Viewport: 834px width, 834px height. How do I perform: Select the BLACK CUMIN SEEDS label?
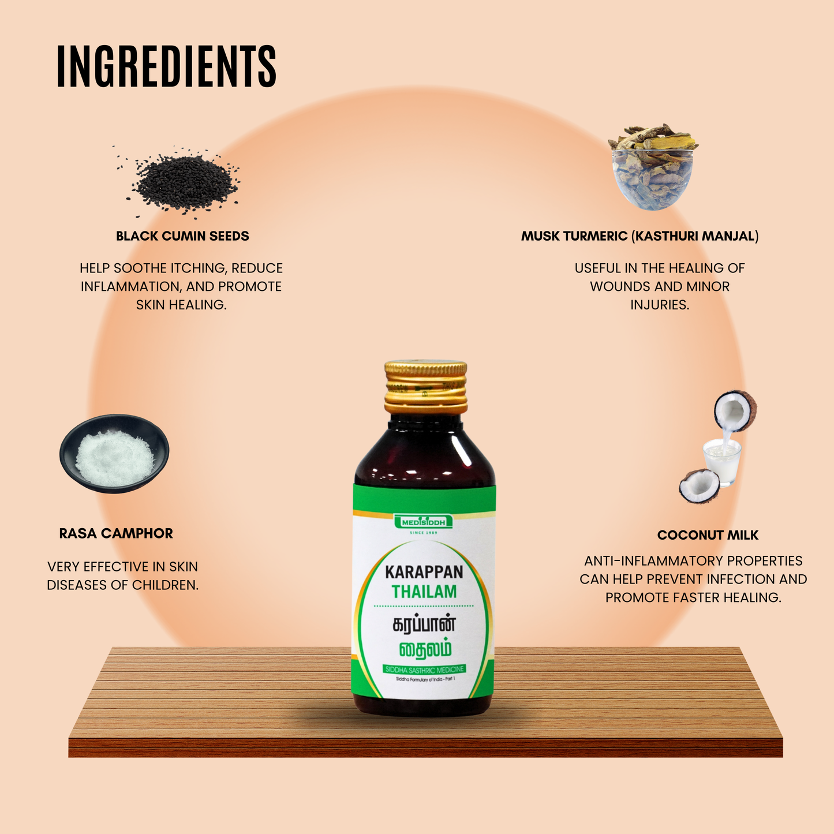182,236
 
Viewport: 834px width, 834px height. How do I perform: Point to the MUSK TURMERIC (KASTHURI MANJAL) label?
639,236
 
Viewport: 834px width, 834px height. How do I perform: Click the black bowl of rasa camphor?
114,453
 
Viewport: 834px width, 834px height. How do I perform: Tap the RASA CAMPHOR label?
116,533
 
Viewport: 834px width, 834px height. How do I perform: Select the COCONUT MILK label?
708,535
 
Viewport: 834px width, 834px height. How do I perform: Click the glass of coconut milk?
721,462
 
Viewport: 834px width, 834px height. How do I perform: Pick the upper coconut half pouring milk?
734,410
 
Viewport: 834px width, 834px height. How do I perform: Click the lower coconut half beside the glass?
700,486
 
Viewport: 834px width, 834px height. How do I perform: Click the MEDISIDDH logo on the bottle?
424,522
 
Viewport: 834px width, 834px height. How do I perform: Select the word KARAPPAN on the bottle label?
424,572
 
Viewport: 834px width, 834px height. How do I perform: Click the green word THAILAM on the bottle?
424,592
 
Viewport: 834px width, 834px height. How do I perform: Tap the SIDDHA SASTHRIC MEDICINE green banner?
424,670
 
